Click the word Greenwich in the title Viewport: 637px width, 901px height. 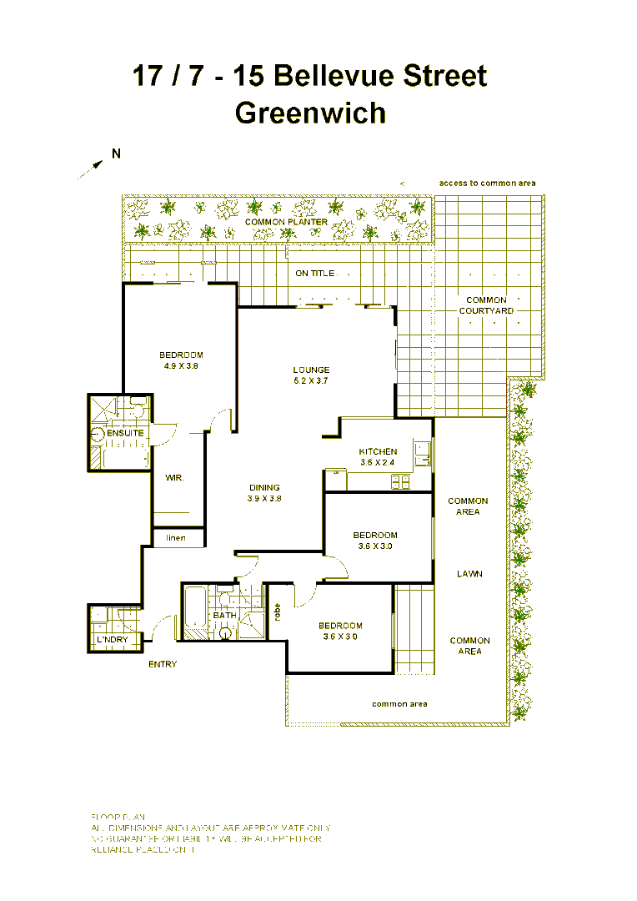[x=310, y=113]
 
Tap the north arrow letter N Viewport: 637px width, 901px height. [x=117, y=153]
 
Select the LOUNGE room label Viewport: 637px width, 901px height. [x=311, y=370]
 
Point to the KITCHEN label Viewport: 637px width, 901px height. [x=378, y=451]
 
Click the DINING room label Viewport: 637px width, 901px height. [x=264, y=488]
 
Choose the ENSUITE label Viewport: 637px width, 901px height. [x=125, y=434]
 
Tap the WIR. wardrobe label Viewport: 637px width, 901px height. [x=174, y=478]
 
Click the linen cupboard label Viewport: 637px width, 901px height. [x=176, y=538]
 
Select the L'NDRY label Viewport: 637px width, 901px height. [x=112, y=640]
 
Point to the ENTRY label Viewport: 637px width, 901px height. [x=163, y=664]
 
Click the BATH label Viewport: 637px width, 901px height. [x=225, y=616]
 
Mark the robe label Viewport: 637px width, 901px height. [x=277, y=612]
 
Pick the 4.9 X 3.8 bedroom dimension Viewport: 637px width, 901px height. [x=181, y=365]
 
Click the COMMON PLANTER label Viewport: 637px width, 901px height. [x=286, y=223]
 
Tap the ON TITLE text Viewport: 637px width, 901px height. [x=314, y=274]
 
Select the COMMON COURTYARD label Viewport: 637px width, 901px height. [x=486, y=305]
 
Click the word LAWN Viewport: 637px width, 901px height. [x=469, y=574]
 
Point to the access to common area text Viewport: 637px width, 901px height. [x=487, y=183]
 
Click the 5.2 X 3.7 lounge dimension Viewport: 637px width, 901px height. [x=311, y=380]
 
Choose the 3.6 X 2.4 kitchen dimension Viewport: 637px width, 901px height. [x=378, y=462]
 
